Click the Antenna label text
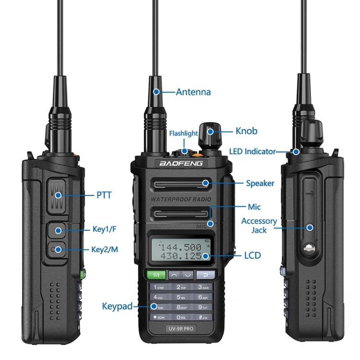(x=193, y=92)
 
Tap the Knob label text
(x=246, y=131)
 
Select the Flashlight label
(x=183, y=133)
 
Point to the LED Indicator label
(x=252, y=152)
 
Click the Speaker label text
(x=260, y=183)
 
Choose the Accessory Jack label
(x=259, y=225)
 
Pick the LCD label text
(x=252, y=255)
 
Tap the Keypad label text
(x=117, y=306)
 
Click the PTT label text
(x=104, y=195)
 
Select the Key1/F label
(x=104, y=230)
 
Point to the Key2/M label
(x=104, y=249)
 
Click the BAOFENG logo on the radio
(x=181, y=164)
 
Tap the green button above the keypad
(x=156, y=275)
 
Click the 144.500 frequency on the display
(x=180, y=248)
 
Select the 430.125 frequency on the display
(x=180, y=257)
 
